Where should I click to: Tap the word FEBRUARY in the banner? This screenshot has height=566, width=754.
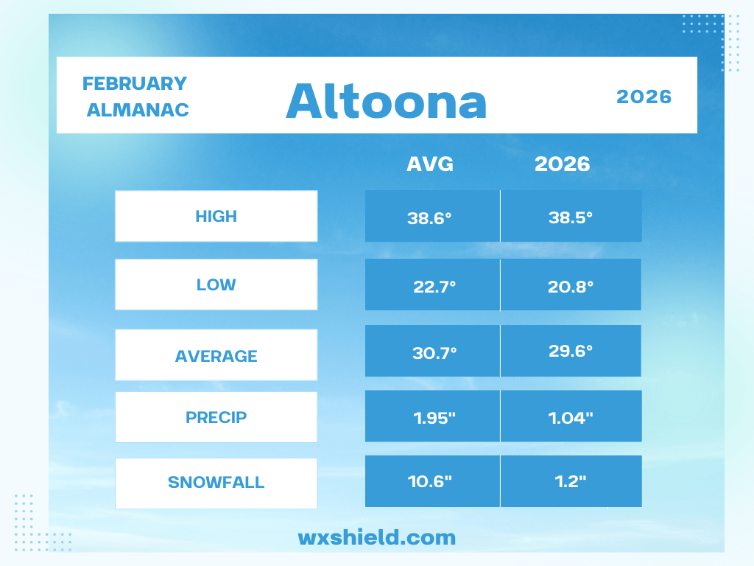135,84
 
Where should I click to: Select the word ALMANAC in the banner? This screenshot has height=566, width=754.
138,111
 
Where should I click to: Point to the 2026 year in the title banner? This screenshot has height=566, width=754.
644,97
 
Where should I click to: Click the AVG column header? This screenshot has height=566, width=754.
430,164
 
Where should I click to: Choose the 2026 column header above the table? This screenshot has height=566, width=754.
562,164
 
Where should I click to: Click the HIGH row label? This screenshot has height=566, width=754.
216,217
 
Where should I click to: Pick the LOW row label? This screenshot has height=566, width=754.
216,285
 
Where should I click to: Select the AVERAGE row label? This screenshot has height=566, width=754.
216,356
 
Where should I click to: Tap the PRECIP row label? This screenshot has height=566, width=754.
216,417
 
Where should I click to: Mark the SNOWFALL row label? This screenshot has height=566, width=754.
216,482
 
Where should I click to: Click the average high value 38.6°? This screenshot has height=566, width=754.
429,218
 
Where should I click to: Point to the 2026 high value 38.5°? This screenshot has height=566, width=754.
571,217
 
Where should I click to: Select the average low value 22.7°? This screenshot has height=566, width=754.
434,287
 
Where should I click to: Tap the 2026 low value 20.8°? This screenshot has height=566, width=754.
571,287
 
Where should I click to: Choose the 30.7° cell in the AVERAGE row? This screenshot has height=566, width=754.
434,353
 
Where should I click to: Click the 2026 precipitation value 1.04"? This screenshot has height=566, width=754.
571,418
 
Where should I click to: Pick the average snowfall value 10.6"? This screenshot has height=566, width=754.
429,481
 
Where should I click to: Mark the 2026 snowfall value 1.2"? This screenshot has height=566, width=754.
571,481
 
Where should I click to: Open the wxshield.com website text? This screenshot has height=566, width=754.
376,537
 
